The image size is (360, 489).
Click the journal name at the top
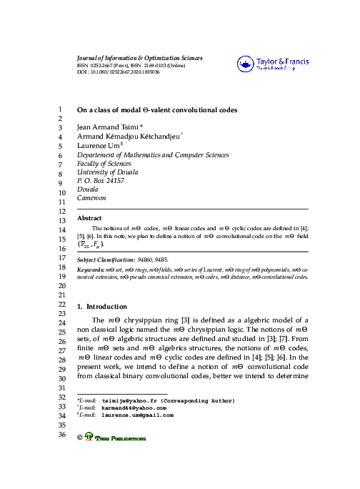pyautogui.click(x=139, y=58)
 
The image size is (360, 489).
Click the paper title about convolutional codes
pyautogui.click(x=157, y=111)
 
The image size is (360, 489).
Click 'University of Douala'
pyautogui.click(x=107, y=172)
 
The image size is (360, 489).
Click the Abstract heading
pyautogui.click(x=89, y=218)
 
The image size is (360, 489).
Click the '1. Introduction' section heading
pyautogui.click(x=101, y=306)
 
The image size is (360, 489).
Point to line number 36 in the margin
pyautogui.click(x=61, y=435)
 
